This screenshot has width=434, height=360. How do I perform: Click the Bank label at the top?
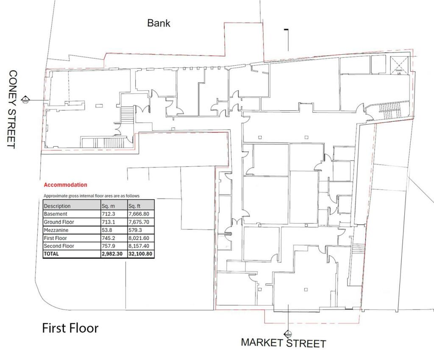click(159, 23)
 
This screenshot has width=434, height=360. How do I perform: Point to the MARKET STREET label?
click(284, 343)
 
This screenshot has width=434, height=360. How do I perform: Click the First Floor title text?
click(70, 328)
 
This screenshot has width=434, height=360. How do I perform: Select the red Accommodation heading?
click(65, 185)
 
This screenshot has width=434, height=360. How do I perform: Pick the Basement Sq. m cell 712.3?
click(108, 214)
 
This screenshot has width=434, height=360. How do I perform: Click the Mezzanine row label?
click(56, 230)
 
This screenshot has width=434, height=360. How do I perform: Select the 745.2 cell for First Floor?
click(108, 238)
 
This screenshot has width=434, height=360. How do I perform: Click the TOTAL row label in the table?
click(51, 254)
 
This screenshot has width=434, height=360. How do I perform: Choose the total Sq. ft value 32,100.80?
click(140, 254)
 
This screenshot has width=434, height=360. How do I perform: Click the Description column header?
click(57, 206)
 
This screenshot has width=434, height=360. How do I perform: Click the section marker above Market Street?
click(288, 334)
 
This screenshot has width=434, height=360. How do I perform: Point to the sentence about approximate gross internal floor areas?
click(92, 196)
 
